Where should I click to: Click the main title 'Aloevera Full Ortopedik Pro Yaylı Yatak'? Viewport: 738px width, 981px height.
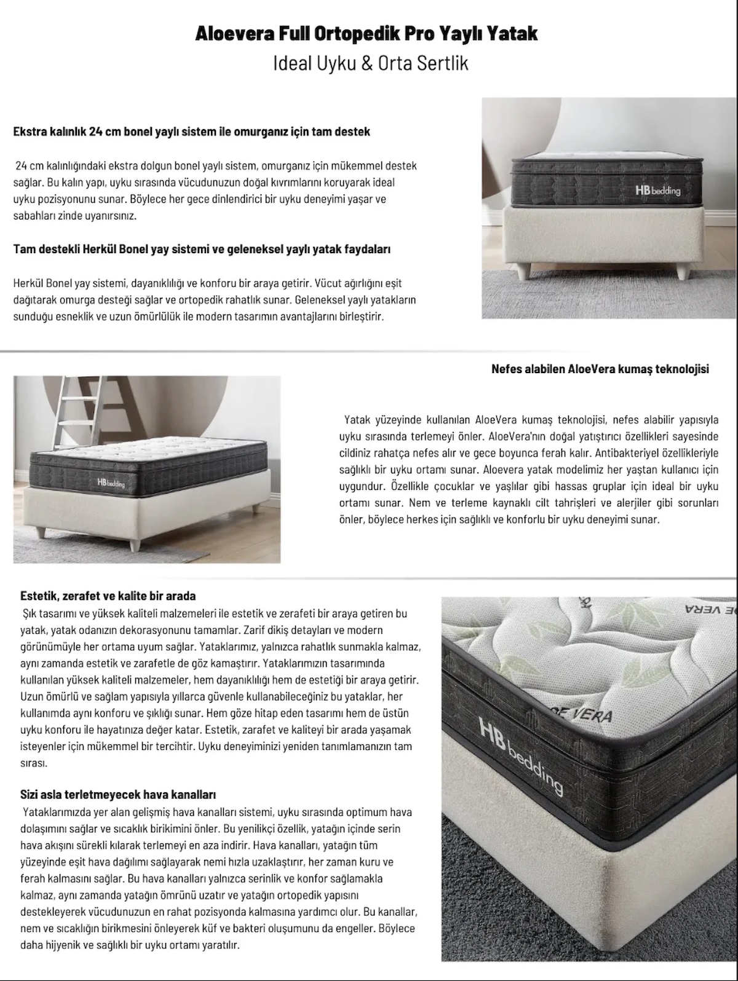[x=367, y=33]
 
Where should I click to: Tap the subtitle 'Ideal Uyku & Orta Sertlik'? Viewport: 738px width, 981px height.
[x=370, y=64]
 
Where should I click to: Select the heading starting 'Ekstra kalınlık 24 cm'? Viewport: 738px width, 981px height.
[x=191, y=132]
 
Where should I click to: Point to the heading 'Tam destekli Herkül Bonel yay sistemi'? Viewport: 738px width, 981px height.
[x=202, y=250]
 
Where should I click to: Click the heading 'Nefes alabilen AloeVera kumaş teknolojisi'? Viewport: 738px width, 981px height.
[x=600, y=369]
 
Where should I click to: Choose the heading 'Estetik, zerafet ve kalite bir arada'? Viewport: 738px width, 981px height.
[x=108, y=596]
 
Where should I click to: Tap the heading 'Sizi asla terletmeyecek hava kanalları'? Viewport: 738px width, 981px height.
[x=118, y=795]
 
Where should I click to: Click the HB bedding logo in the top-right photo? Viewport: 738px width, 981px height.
[x=657, y=190]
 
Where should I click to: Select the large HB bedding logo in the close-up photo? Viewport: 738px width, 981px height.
[x=520, y=754]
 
